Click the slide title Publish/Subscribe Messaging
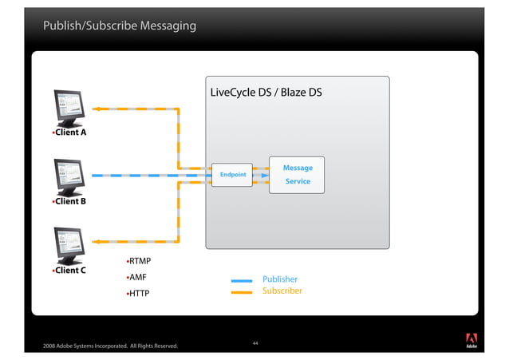click(120, 27)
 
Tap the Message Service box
click(297, 175)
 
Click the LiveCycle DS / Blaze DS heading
click(266, 93)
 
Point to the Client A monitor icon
click(69, 107)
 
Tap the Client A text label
click(69, 133)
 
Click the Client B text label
click(69, 201)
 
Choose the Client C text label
click(69, 270)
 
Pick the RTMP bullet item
click(140, 261)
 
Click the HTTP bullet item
click(138, 295)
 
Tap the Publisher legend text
click(280, 279)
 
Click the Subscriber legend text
click(282, 291)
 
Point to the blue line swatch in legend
click(241, 281)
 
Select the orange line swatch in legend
click(241, 292)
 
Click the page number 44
click(254, 342)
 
